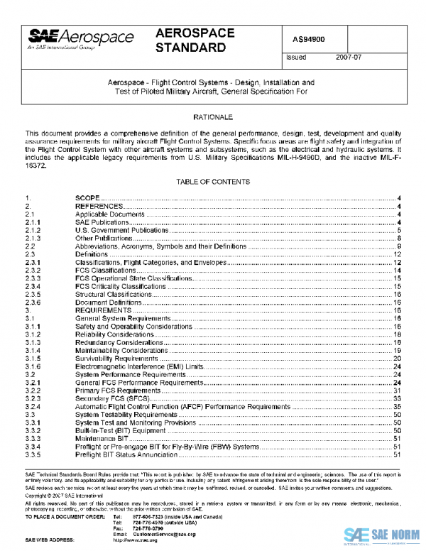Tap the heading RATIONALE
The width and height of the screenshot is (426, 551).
click(213, 116)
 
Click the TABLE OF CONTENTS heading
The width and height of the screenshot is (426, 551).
click(213, 182)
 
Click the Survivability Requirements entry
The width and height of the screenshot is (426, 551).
click(117, 359)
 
